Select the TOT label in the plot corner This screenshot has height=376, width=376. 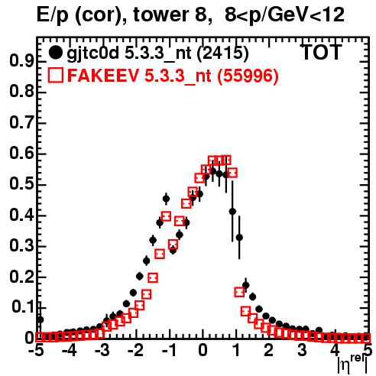click(322, 52)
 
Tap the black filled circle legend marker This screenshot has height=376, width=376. click(55, 53)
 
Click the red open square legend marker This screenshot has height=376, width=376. click(55, 75)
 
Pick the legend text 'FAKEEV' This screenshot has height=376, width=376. click(103, 76)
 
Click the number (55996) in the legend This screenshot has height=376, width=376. click(247, 76)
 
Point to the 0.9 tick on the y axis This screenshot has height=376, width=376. click(21, 61)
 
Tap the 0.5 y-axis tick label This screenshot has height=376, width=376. click(21, 184)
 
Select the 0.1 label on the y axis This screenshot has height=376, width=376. click(24, 307)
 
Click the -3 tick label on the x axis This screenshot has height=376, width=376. click(102, 351)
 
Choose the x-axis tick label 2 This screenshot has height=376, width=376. click(268, 351)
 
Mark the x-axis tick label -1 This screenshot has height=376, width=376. click(168, 351)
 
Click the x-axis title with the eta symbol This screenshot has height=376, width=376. click(352, 365)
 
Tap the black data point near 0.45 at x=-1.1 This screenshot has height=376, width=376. click(166, 199)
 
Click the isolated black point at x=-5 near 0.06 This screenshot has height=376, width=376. click(40, 319)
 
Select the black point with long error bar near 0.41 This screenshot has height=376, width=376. click(232, 211)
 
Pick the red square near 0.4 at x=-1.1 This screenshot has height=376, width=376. click(166, 216)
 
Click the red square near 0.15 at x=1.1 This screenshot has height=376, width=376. click(239, 292)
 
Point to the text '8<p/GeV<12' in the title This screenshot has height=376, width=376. click(284, 15)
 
